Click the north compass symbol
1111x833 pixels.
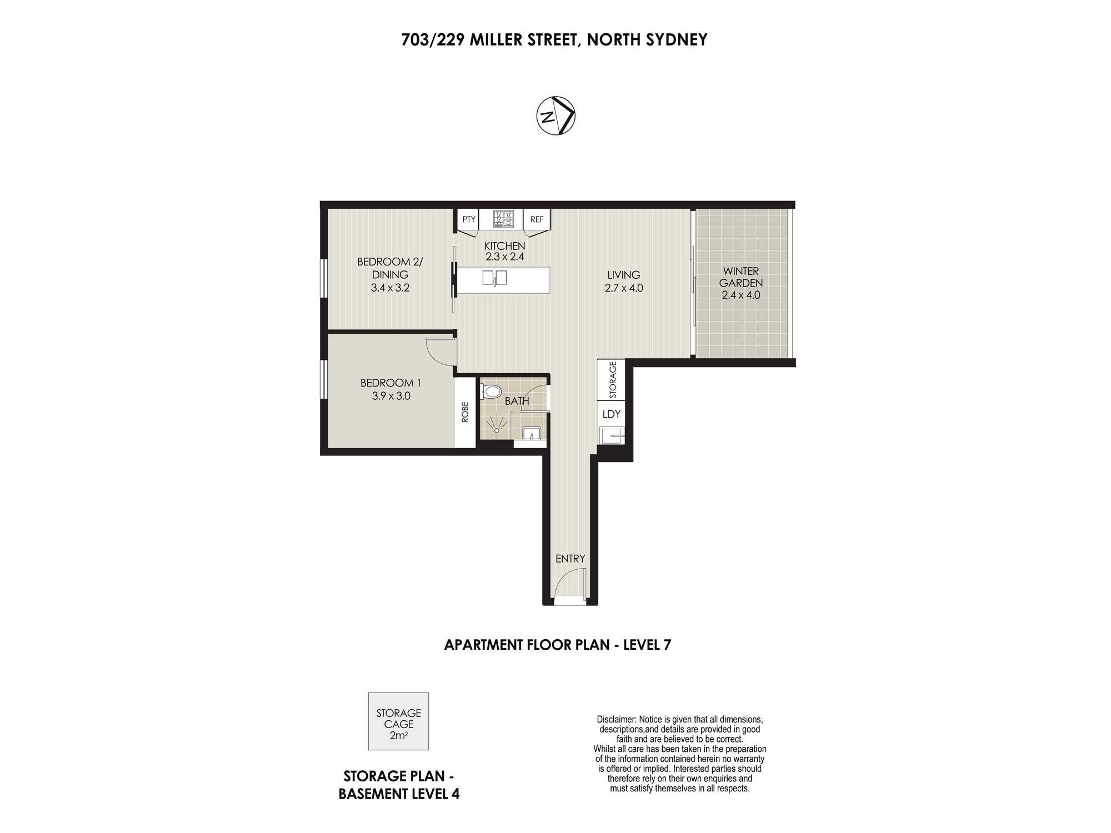coord(555,116)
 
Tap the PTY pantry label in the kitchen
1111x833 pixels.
coord(469,219)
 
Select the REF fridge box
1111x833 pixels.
coord(537,219)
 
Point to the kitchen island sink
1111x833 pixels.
coord(494,278)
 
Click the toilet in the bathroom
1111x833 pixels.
coord(491,392)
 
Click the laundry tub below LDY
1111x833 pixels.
coord(612,435)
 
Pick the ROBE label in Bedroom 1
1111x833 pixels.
coord(466,412)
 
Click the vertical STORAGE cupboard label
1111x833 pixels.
coord(613,380)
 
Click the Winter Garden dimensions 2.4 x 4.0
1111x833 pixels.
coord(741,295)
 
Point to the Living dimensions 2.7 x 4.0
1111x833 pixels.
coord(624,288)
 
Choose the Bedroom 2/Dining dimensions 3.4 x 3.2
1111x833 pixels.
coord(390,288)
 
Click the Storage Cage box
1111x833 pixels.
coord(398,721)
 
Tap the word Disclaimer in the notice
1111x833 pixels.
coord(616,720)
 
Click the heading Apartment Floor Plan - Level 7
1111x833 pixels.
coord(558,645)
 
